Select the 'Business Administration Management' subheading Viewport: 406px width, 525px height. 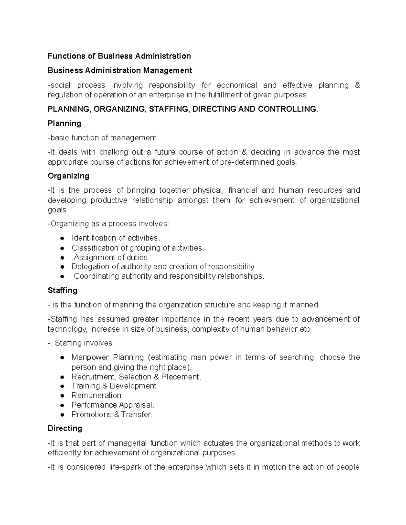[120, 70]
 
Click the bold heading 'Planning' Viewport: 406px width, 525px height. [64, 123]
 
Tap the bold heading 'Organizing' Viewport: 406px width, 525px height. [68, 176]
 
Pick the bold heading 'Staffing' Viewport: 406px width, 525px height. [63, 290]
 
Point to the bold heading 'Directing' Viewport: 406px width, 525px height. [65, 428]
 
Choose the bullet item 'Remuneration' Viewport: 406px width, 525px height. [97, 396]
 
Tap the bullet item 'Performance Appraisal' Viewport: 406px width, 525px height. [113, 405]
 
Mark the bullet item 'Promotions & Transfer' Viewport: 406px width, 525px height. [112, 414]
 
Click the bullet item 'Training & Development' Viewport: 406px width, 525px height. [115, 386]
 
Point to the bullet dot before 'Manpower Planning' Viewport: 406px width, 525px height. [62, 358]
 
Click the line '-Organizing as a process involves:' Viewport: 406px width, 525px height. [108, 224]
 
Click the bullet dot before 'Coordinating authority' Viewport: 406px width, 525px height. [62, 277]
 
